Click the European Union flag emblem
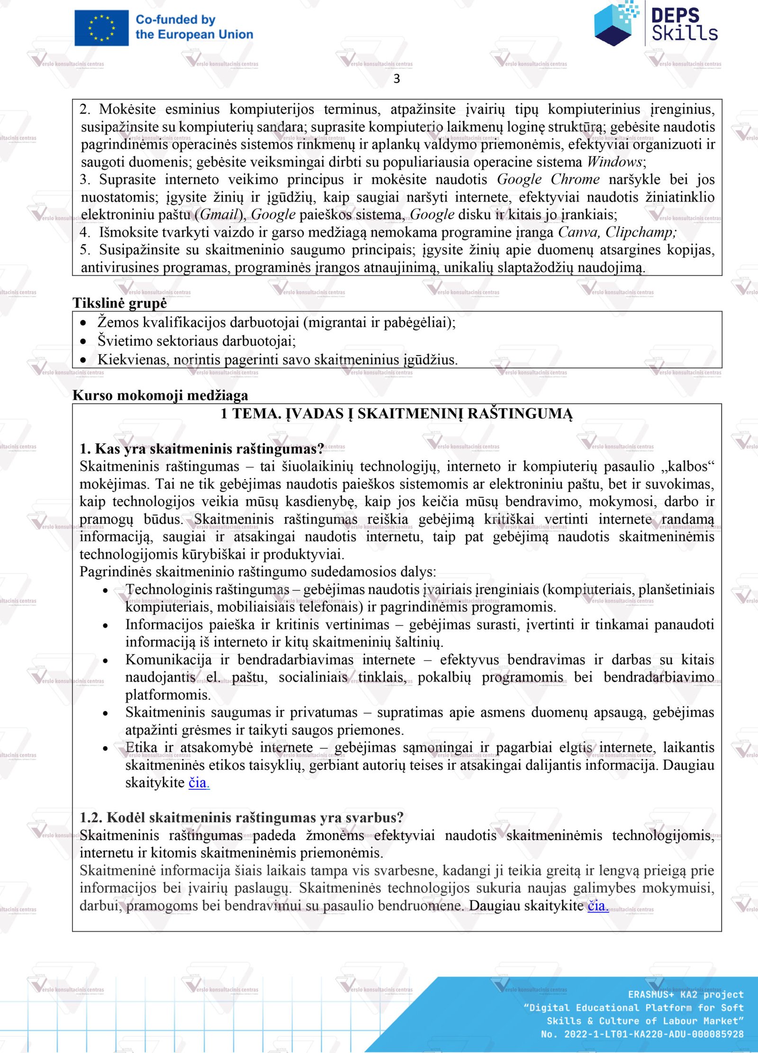click(101, 28)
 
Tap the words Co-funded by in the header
click(175, 20)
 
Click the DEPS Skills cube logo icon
click(616, 23)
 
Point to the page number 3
click(397, 79)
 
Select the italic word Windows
click(614, 162)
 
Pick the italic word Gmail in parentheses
click(218, 214)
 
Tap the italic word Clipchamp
click(640, 232)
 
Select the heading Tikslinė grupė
click(119, 303)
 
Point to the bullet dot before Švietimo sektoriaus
click(83, 341)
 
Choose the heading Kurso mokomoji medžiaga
click(160, 395)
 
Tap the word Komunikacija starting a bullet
click(168, 660)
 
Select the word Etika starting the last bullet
click(141, 747)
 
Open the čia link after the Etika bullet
click(199, 783)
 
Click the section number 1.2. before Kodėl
click(91, 818)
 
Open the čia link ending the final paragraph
click(597, 906)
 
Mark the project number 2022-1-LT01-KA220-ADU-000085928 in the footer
click(654, 1034)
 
